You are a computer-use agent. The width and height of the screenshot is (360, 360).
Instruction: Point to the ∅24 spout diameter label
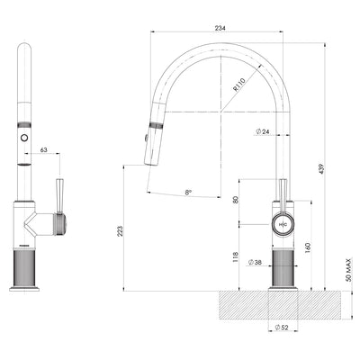pyautogui.click(x=265, y=131)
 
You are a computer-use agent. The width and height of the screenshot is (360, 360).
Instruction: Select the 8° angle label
pyautogui.click(x=186, y=192)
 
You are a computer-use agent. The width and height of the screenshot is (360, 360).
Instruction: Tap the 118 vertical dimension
pyautogui.click(x=236, y=256)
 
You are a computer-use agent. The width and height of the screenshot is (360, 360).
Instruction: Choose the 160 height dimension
pyautogui.click(x=307, y=245)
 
